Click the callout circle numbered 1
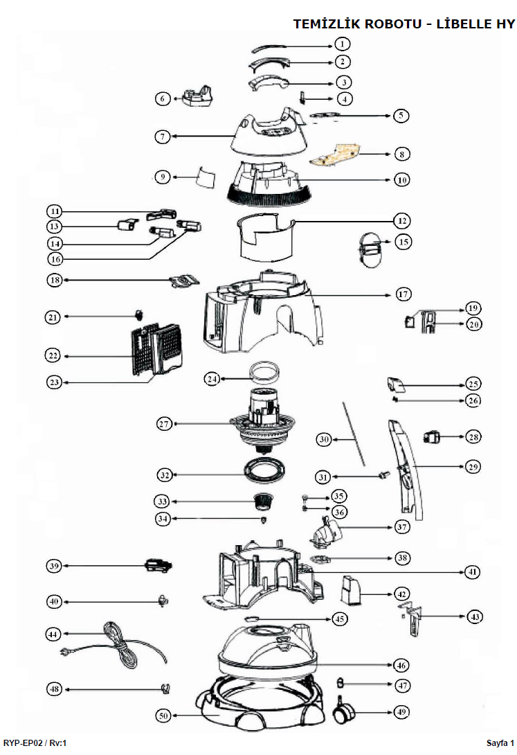click(x=342, y=44)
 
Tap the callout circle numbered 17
click(x=403, y=294)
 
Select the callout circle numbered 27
click(x=164, y=424)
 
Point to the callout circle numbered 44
click(x=53, y=634)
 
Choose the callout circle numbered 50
click(x=163, y=716)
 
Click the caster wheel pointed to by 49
click(x=343, y=710)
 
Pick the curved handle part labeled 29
click(x=406, y=470)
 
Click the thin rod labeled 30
click(x=354, y=434)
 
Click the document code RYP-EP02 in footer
click(x=23, y=743)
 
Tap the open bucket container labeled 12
click(x=266, y=238)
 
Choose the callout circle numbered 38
click(x=403, y=558)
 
